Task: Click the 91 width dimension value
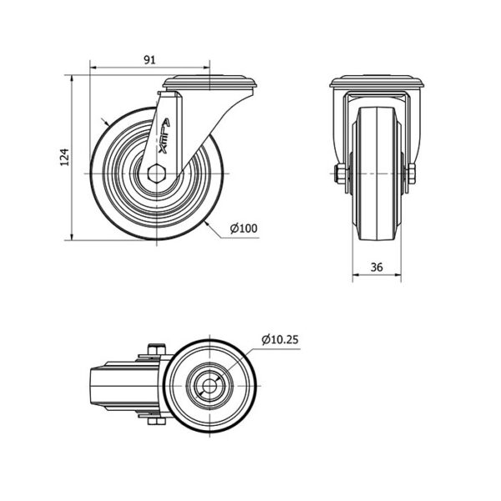[149, 60]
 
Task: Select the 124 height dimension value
[65, 157]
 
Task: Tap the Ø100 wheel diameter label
[244, 229]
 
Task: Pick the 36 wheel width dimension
[377, 267]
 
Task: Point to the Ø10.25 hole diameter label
[280, 340]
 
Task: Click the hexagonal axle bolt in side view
[157, 174]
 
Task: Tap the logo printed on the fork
[164, 137]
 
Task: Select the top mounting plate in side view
[210, 82]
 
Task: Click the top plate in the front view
[377, 82]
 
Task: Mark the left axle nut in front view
[340, 174]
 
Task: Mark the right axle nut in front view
[411, 174]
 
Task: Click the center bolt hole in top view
[210, 387]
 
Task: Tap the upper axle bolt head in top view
[157, 349]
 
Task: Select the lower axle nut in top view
[157, 422]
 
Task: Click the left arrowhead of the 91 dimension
[94, 68]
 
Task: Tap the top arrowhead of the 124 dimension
[72, 79]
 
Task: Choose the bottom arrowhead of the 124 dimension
[72, 236]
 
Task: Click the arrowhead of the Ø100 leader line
[208, 224]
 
